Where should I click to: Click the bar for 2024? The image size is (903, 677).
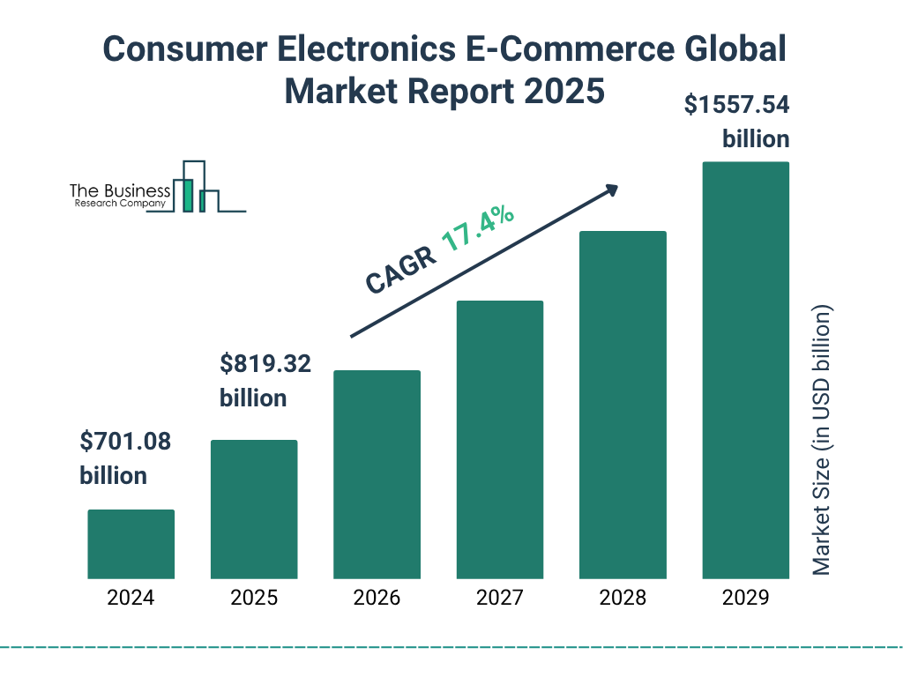[x=131, y=544]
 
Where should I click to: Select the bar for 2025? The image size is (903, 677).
[x=254, y=510]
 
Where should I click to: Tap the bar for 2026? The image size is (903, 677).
[x=377, y=474]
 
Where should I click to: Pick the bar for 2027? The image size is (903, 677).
[x=499, y=440]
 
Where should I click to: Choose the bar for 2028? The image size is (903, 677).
[x=622, y=405]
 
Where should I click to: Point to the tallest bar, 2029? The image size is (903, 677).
[x=745, y=370]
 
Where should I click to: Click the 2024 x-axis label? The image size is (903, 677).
[x=131, y=598]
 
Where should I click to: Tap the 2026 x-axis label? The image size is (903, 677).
[x=377, y=598]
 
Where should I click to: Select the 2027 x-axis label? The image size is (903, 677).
[x=499, y=598]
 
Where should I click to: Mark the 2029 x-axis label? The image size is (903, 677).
[x=745, y=598]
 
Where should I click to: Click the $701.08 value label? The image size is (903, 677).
[x=125, y=441]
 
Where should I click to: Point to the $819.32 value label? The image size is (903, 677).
[x=265, y=363]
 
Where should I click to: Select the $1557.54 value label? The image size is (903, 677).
[x=737, y=106]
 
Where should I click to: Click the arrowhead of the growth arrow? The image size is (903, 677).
[x=611, y=190]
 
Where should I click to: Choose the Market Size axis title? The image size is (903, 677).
[x=822, y=441]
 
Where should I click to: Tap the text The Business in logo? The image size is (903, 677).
[x=119, y=191]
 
